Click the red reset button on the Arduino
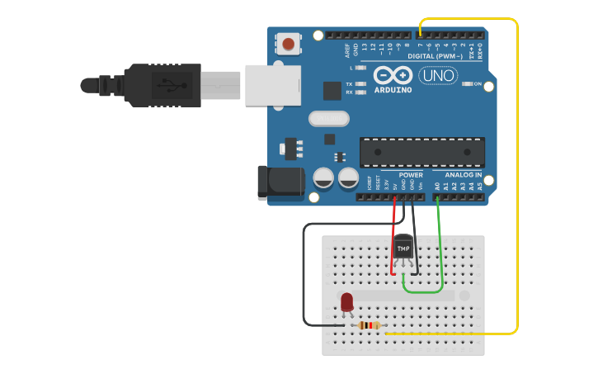288,44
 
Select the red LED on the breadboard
346,302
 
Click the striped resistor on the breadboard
370,325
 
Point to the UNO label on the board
437,76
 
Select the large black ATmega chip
421,153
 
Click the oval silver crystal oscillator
329,119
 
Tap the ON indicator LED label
477,84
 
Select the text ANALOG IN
463,175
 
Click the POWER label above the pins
410,175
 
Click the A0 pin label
437,187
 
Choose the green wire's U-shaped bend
422,290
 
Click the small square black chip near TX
332,90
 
